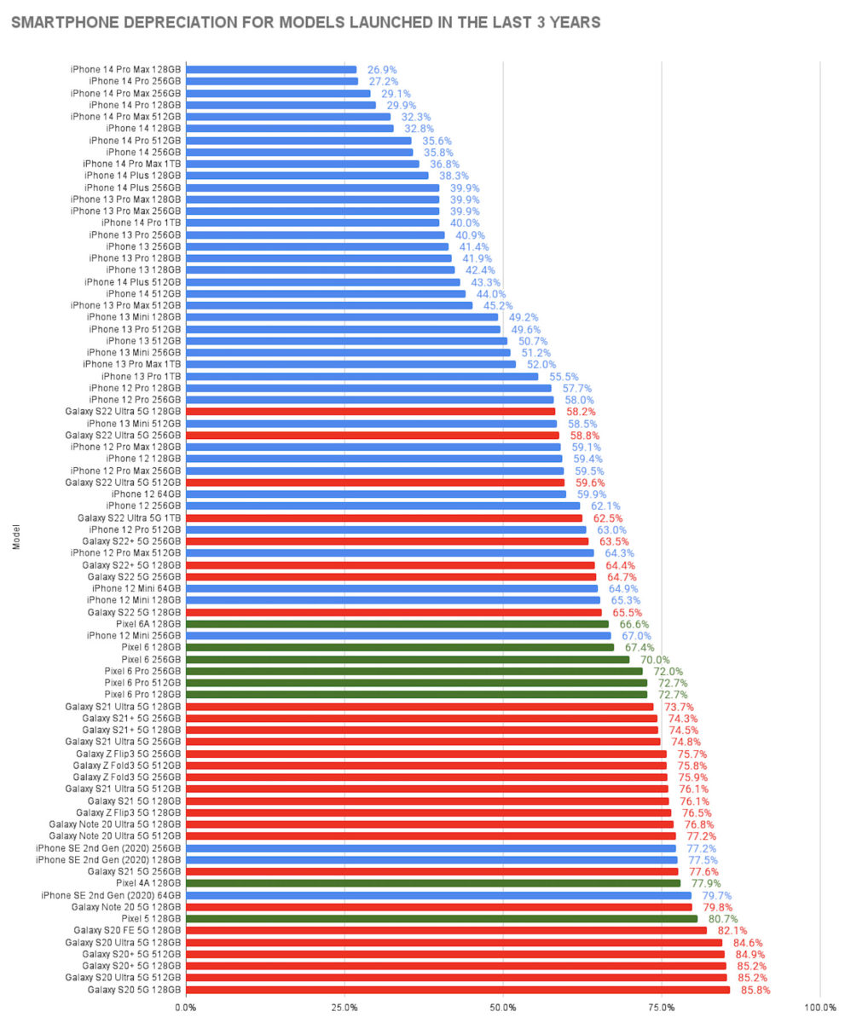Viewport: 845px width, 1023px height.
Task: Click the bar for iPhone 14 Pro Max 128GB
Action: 271,70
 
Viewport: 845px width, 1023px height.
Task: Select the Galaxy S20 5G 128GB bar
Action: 458,990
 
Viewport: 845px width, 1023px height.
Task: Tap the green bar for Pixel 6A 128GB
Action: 397,624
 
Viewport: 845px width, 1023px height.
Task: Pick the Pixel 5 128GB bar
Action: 442,919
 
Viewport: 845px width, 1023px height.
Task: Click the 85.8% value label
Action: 755,990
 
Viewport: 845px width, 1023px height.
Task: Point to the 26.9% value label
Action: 381,70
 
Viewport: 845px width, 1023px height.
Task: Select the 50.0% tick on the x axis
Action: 503,1007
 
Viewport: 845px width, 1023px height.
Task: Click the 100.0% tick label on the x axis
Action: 819,1007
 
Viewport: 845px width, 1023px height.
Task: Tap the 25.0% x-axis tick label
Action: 344,1007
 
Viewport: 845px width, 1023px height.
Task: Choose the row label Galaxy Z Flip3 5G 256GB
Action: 128,754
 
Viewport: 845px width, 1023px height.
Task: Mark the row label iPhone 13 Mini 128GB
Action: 134,317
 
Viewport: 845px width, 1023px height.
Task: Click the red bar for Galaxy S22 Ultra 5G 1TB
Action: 384,517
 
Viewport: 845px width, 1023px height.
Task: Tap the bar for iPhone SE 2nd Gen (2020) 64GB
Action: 438,895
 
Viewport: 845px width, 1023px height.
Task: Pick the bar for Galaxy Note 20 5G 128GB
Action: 439,907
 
